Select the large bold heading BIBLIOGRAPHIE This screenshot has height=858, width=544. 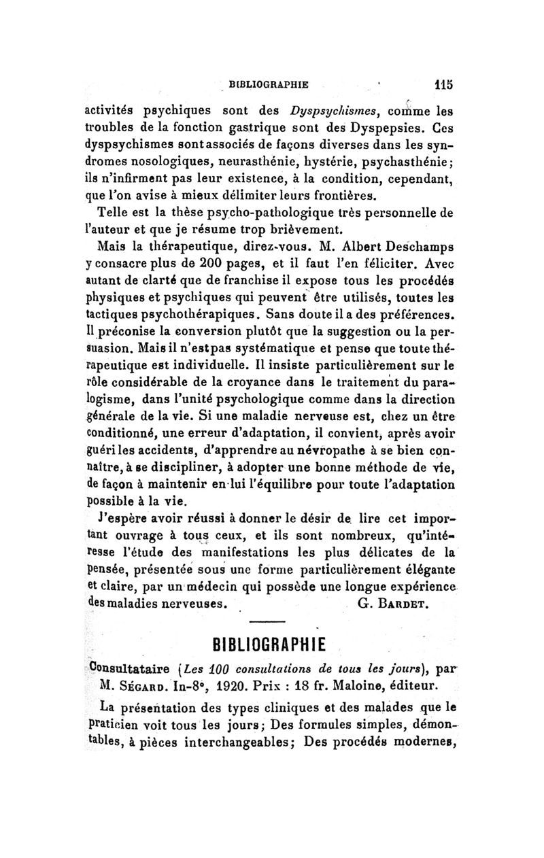tap(271, 643)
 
